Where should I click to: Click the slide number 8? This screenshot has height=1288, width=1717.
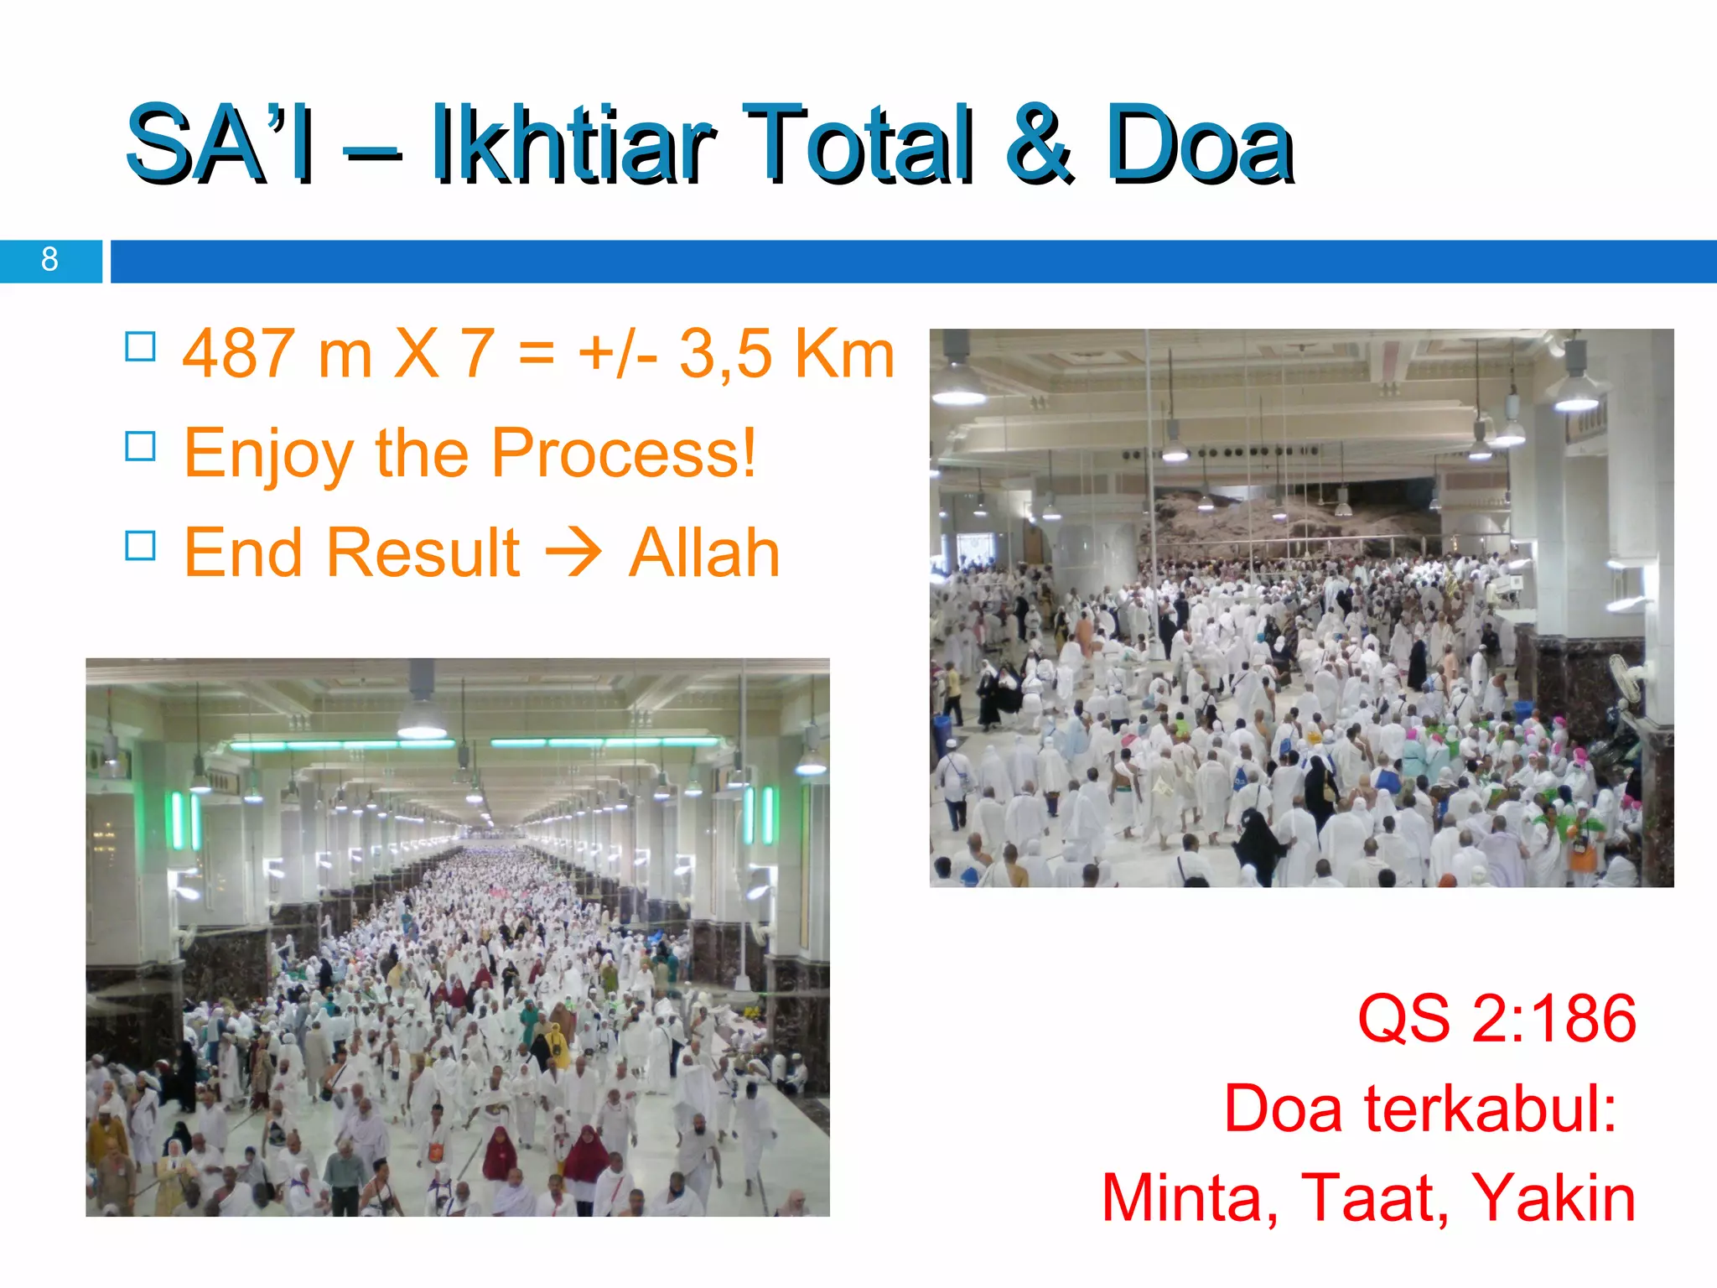(49, 260)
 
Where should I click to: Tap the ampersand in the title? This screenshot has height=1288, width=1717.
(1039, 144)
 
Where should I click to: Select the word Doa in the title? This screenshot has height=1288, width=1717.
(1199, 144)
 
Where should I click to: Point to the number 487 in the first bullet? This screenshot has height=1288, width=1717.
(239, 354)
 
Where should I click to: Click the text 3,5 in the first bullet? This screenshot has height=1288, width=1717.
(725, 354)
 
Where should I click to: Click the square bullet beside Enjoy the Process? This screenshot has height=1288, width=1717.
(140, 446)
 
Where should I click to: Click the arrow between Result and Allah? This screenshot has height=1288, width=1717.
(573, 553)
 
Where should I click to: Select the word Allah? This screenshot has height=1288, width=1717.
(704, 553)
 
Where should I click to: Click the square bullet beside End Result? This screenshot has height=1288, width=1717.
(140, 546)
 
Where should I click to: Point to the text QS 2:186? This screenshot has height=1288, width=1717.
(1497, 1019)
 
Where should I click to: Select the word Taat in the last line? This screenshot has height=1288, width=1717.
(1374, 1198)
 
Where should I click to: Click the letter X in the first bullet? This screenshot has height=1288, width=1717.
(417, 354)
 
